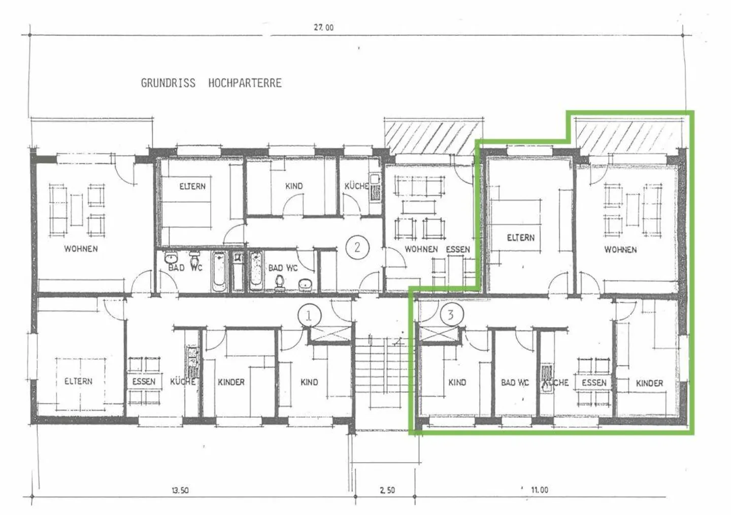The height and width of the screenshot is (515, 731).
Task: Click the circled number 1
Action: (309, 316)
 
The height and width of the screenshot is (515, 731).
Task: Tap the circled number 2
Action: (357, 248)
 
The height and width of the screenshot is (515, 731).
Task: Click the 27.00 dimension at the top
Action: (324, 27)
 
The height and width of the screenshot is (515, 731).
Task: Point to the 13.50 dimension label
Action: (180, 490)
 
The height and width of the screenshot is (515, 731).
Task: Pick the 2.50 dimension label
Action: (387, 490)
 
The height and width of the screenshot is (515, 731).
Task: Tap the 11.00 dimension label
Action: (540, 490)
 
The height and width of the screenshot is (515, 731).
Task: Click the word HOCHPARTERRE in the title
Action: (245, 83)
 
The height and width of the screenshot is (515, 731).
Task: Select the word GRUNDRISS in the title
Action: (168, 83)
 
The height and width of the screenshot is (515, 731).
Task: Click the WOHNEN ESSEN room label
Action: (437, 250)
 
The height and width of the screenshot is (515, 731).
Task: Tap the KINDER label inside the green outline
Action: (649, 383)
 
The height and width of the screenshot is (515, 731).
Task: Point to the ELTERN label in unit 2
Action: (192, 187)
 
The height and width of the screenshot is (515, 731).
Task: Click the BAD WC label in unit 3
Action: (515, 383)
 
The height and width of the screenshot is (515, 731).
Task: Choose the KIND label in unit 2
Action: (294, 186)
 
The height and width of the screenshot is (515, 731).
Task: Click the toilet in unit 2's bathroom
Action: (279, 283)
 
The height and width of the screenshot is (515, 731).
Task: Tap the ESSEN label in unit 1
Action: (144, 382)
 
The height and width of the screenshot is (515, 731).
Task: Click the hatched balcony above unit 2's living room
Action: (434, 138)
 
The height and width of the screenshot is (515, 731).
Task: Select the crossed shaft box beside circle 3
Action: (438, 333)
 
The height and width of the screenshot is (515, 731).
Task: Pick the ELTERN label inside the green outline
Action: (521, 238)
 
